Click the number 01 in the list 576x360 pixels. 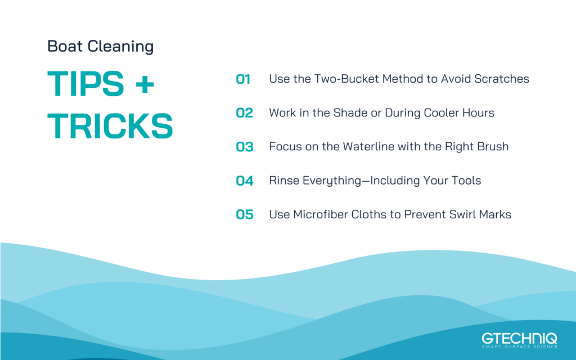click(243, 79)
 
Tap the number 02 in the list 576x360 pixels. click(244, 113)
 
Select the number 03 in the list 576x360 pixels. click(244, 147)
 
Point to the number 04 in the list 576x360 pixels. click(244, 181)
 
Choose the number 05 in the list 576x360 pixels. click(244, 214)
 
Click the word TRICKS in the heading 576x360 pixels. click(110, 126)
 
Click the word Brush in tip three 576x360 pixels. click(492, 146)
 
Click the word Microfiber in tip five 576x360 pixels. click(322, 214)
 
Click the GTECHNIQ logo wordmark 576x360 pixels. click(519, 338)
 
